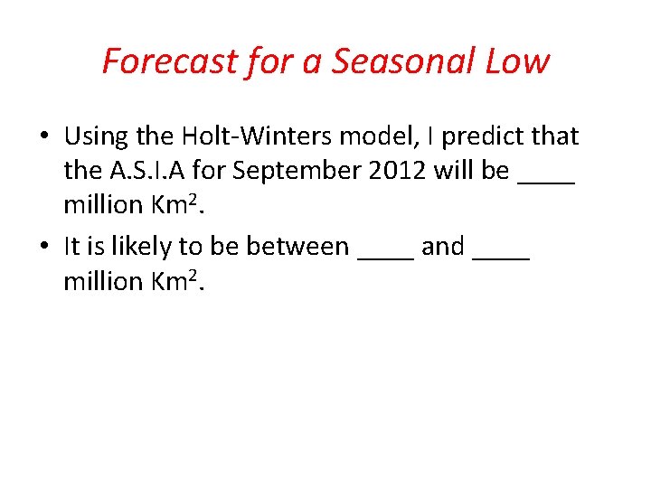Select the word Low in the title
click(x=517, y=61)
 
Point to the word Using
click(x=96, y=137)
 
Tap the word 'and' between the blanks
click(x=443, y=247)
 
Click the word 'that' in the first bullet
click(x=554, y=137)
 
